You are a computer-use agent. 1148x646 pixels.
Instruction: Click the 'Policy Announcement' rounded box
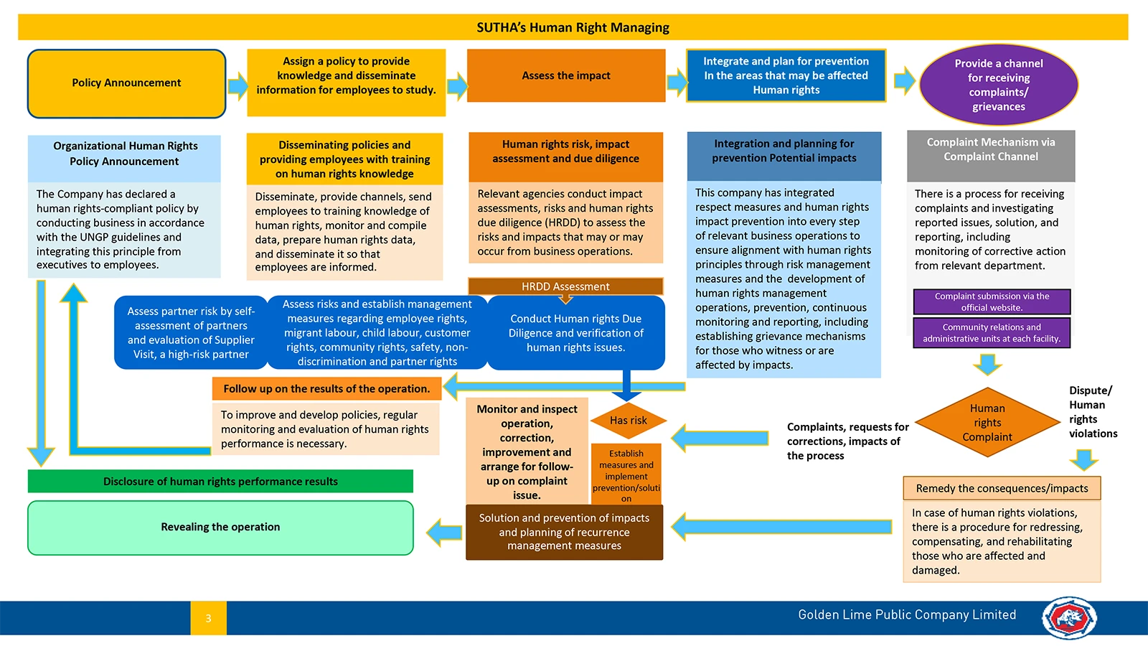click(x=126, y=83)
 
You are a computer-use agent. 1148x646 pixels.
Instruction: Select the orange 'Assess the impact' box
click(x=566, y=75)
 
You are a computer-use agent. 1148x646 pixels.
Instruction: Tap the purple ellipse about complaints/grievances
click(x=999, y=85)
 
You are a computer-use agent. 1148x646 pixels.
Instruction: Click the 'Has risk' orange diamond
click(x=629, y=421)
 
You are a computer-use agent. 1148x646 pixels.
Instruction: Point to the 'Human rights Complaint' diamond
click(x=987, y=423)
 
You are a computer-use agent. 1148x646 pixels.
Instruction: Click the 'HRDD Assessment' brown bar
click(x=566, y=286)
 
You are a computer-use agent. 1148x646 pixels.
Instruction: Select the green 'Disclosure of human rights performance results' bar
click(x=220, y=482)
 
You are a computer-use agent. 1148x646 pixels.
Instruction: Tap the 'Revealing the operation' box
click(x=220, y=528)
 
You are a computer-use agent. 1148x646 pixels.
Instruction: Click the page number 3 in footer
click(x=209, y=618)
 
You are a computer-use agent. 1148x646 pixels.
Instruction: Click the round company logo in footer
click(x=1069, y=618)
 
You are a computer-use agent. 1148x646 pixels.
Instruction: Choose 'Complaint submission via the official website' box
click(x=992, y=302)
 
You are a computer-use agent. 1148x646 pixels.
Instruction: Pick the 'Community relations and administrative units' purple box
click(x=992, y=333)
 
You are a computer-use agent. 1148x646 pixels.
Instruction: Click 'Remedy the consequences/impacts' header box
click(x=1002, y=488)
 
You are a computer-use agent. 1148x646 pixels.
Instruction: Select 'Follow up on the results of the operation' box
click(x=327, y=388)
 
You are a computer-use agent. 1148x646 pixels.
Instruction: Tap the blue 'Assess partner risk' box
click(x=191, y=333)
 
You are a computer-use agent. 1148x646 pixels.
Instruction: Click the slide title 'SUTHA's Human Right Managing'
click(x=573, y=27)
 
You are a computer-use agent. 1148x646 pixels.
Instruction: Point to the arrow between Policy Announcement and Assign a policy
click(x=237, y=85)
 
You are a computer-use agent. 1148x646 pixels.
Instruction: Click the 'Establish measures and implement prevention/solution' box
click(x=626, y=474)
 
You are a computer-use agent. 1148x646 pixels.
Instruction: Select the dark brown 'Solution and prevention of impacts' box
click(x=564, y=532)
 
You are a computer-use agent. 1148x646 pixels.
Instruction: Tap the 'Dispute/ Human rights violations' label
click(x=1093, y=412)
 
